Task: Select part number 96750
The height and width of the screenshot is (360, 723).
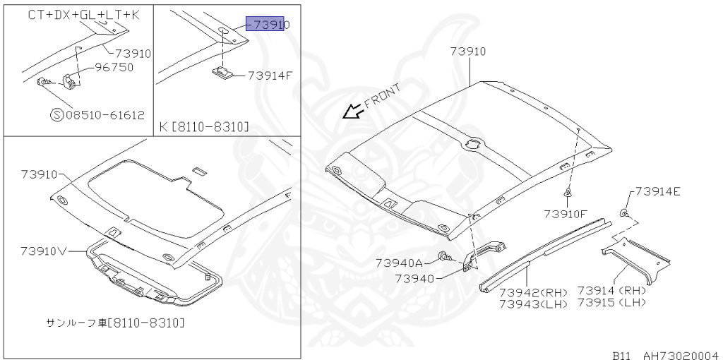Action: click(114, 67)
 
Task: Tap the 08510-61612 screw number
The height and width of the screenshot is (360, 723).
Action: click(105, 115)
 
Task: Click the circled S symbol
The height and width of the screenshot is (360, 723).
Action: click(56, 115)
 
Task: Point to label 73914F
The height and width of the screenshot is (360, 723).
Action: click(270, 76)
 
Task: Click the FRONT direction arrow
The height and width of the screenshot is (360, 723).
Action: click(353, 111)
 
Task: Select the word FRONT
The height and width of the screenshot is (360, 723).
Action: click(382, 96)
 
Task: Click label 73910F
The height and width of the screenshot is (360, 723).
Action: click(566, 214)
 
